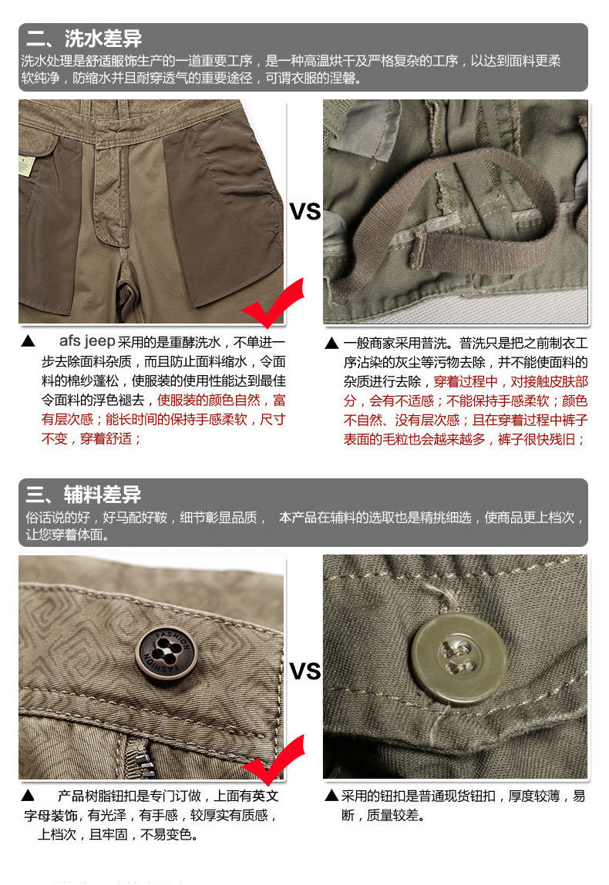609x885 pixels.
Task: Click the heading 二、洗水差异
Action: tap(84, 39)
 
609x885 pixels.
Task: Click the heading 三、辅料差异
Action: tap(84, 494)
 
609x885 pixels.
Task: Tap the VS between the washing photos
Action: tap(304, 211)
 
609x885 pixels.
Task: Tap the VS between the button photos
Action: tap(304, 671)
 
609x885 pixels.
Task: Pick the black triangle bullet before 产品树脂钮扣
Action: tap(28, 796)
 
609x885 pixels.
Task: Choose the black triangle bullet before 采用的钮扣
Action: tap(331, 796)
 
